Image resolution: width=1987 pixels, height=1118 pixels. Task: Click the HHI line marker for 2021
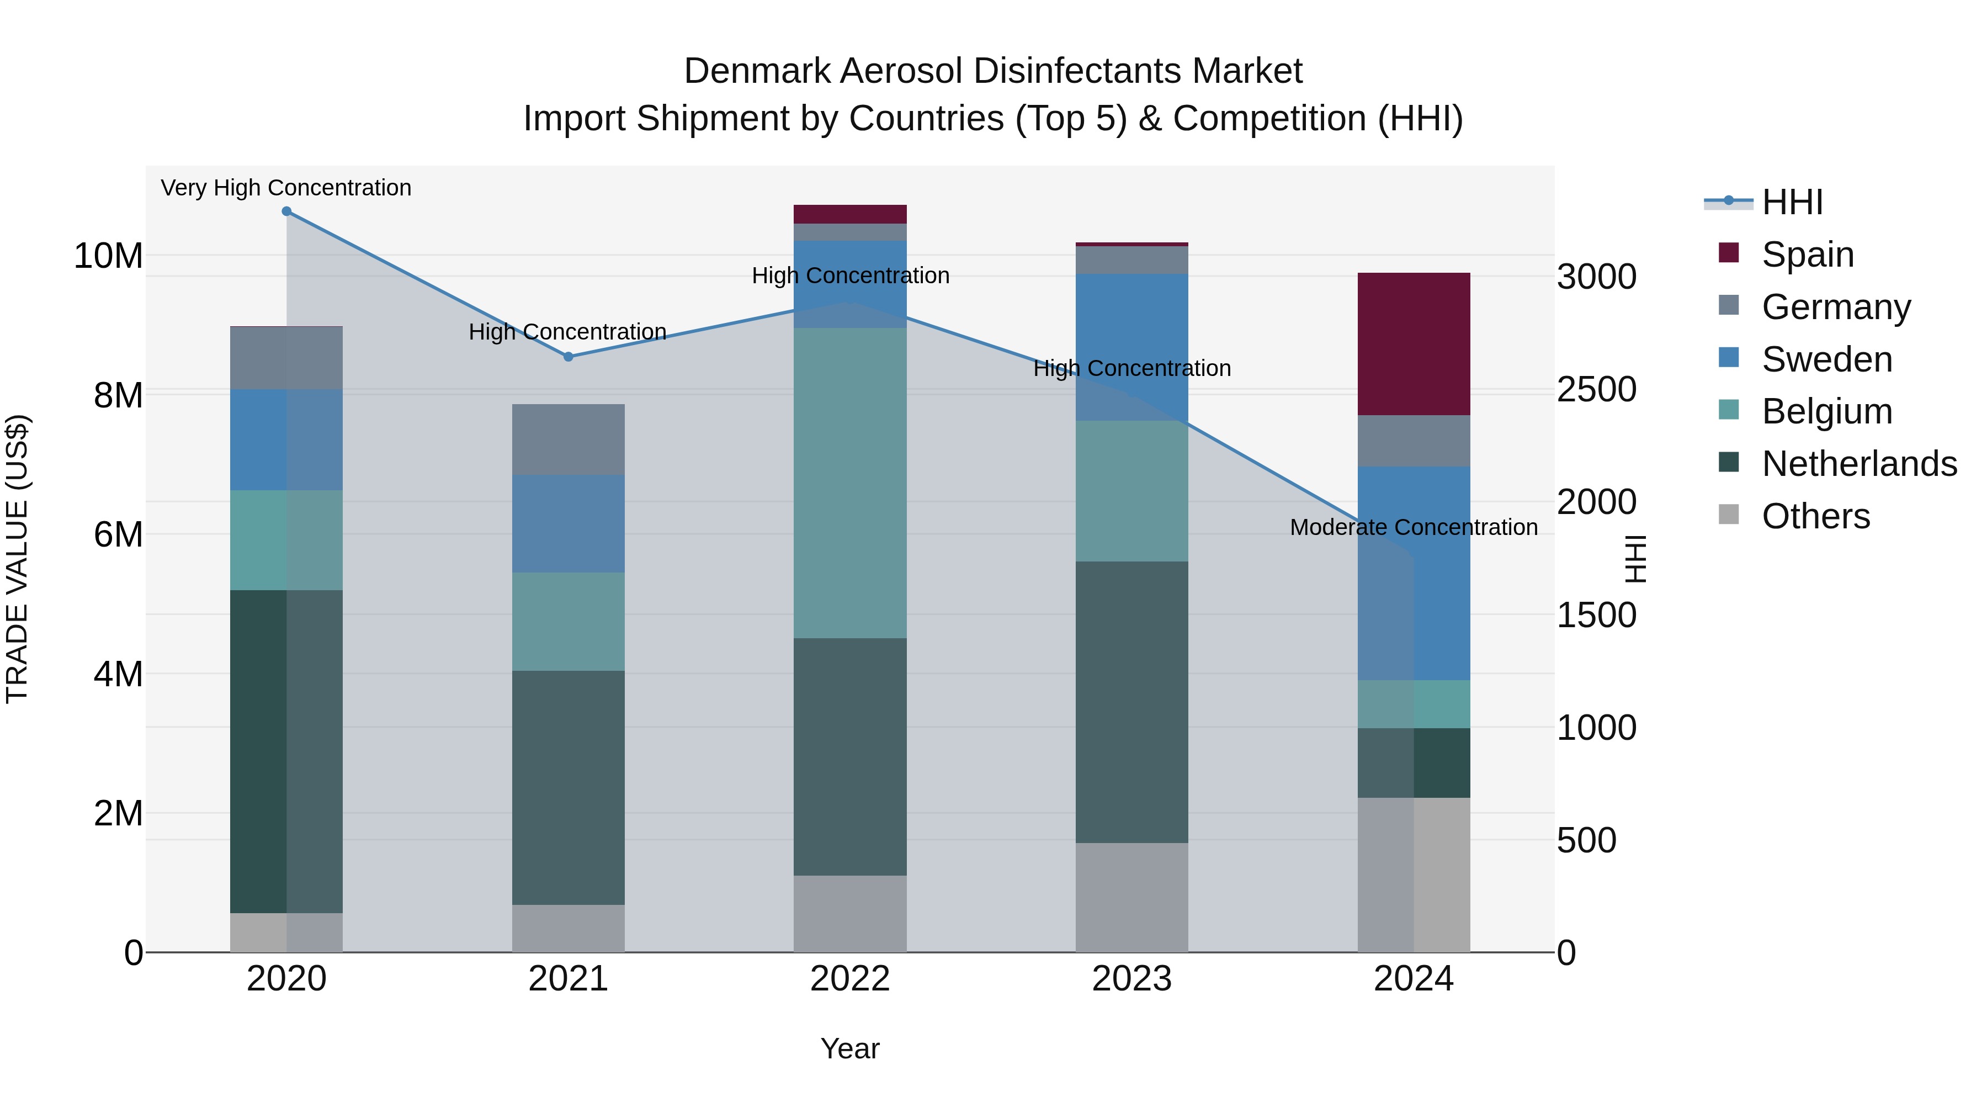point(569,357)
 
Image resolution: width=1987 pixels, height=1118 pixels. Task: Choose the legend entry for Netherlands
point(1859,464)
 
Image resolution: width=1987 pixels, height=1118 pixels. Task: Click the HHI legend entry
point(1792,202)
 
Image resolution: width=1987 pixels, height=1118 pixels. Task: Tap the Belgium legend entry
point(1826,411)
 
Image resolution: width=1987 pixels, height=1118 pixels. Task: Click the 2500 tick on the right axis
point(1596,390)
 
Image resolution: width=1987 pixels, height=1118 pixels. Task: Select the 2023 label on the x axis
point(1131,979)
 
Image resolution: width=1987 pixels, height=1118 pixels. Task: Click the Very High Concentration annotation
point(286,188)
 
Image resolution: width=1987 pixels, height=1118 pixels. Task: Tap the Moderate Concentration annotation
point(1413,527)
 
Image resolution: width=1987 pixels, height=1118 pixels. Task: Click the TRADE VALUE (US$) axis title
point(17,559)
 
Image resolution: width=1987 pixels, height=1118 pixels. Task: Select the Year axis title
point(850,1048)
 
